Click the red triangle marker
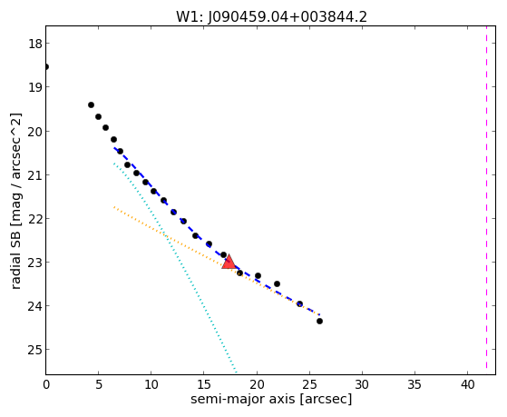(229, 263)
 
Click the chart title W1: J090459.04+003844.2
(271, 16)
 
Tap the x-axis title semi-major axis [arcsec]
(271, 399)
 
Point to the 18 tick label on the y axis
(35, 44)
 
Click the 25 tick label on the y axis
(35, 350)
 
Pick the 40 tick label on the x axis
(468, 384)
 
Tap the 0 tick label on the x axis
(46, 384)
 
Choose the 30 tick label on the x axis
(362, 384)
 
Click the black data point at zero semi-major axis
(46, 66)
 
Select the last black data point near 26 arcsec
(319, 321)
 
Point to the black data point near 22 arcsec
(277, 283)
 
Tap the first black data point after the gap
(92, 105)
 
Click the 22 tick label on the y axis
(35, 219)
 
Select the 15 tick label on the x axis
(204, 384)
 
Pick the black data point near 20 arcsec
(258, 276)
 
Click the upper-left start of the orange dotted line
(114, 207)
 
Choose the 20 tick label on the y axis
(35, 132)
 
